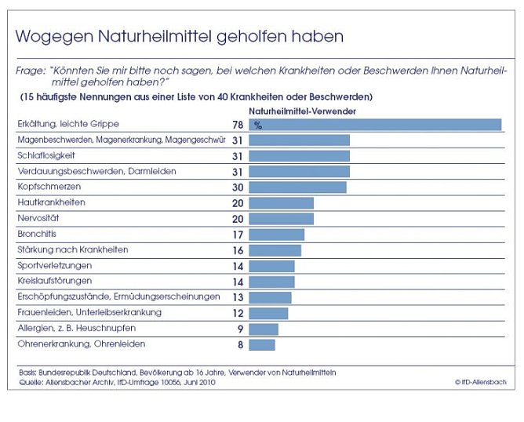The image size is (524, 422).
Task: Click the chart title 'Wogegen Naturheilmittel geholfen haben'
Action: pos(180,37)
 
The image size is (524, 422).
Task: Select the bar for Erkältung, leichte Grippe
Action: pos(375,124)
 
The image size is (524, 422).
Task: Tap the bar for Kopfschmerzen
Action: pos(297,187)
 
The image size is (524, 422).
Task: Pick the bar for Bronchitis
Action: pos(276,234)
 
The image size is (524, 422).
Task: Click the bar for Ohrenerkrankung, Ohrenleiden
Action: pos(262,344)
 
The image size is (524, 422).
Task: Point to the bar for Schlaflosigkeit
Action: pos(299,155)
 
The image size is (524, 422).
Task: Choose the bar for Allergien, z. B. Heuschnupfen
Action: pos(264,328)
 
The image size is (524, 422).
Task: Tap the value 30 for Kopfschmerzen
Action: pos(237,187)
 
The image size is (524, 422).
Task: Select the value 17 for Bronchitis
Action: pos(237,235)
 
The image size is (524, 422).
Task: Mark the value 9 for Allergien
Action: pos(239,329)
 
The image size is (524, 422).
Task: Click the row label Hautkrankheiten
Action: pos(51,202)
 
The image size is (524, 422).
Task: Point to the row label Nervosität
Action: pos(39,218)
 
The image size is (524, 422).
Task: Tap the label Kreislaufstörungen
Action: pos(55,281)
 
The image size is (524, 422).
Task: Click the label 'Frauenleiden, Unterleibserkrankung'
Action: pos(89,312)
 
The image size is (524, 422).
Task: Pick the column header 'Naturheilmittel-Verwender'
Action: pos(302,111)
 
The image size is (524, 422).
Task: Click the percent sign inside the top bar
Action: pos(257,125)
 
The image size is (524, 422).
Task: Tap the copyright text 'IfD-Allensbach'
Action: pos(479,382)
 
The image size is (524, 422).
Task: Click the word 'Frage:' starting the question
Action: pos(31,71)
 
